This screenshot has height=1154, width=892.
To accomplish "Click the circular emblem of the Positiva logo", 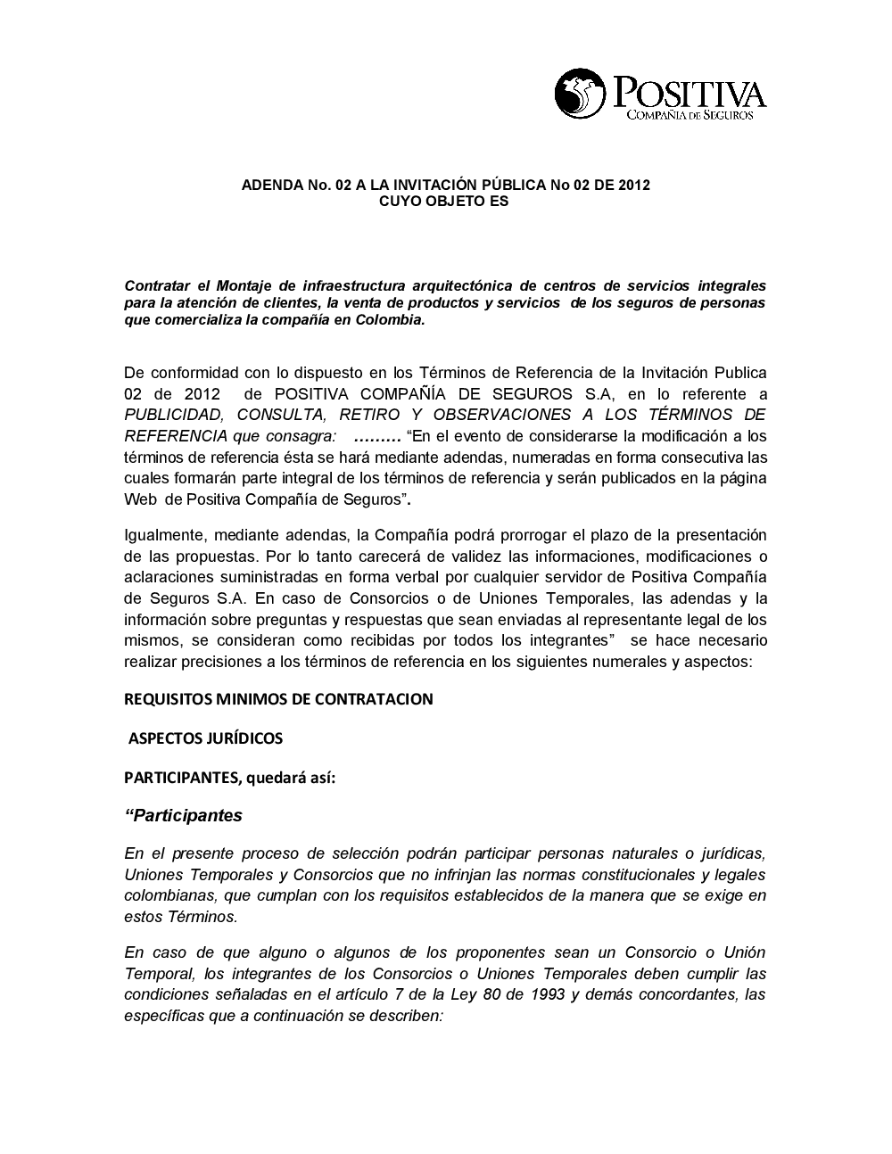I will point(581,95).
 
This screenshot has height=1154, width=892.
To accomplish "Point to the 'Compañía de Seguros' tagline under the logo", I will point(690,115).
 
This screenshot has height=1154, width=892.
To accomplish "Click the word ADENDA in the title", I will point(270,185).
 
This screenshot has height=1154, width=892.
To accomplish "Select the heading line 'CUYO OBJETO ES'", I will point(444,202).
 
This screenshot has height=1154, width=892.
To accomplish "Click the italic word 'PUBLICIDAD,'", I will point(174,415).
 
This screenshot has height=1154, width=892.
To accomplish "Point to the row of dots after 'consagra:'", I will point(377,436).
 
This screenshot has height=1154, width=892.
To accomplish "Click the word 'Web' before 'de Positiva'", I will point(141,500).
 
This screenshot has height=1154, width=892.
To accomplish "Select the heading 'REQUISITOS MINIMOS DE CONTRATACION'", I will point(278,699).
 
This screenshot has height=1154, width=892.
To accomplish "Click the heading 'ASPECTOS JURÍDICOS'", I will point(206,738).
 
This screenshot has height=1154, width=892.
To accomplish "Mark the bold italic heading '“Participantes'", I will point(184,816).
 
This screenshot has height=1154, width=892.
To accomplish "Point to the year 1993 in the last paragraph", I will point(545,994).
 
